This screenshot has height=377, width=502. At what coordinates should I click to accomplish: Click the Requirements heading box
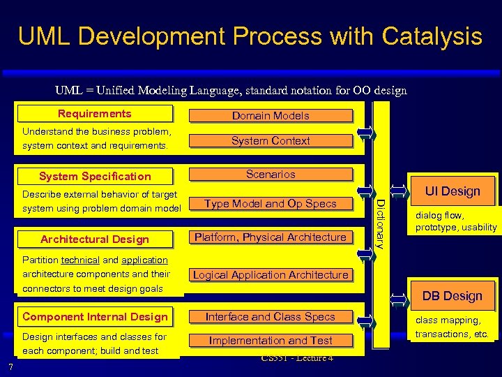click(95, 114)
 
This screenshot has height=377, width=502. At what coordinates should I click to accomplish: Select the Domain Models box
click(271, 116)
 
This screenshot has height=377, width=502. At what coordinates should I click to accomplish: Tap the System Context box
click(271, 141)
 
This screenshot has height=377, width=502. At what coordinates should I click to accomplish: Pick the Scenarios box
click(271, 175)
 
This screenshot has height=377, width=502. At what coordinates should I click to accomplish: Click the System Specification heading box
click(95, 177)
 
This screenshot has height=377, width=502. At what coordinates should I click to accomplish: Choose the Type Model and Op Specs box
click(271, 204)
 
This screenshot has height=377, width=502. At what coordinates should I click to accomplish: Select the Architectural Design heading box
click(95, 239)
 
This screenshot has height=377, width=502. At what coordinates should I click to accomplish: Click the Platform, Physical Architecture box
click(271, 237)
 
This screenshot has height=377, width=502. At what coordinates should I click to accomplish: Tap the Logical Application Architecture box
click(271, 275)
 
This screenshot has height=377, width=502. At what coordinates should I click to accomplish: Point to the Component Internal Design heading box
click(95, 317)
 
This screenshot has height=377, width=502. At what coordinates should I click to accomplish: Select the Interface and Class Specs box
click(271, 317)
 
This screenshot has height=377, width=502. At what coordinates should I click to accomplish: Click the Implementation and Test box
click(271, 341)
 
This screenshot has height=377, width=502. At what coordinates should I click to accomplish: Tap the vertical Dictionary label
click(380, 223)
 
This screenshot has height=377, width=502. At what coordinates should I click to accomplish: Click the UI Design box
click(452, 191)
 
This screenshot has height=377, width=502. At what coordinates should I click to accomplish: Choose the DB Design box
click(452, 296)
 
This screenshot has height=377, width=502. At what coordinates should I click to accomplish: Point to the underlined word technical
click(80, 260)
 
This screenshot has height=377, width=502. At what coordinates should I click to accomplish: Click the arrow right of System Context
click(365, 133)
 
